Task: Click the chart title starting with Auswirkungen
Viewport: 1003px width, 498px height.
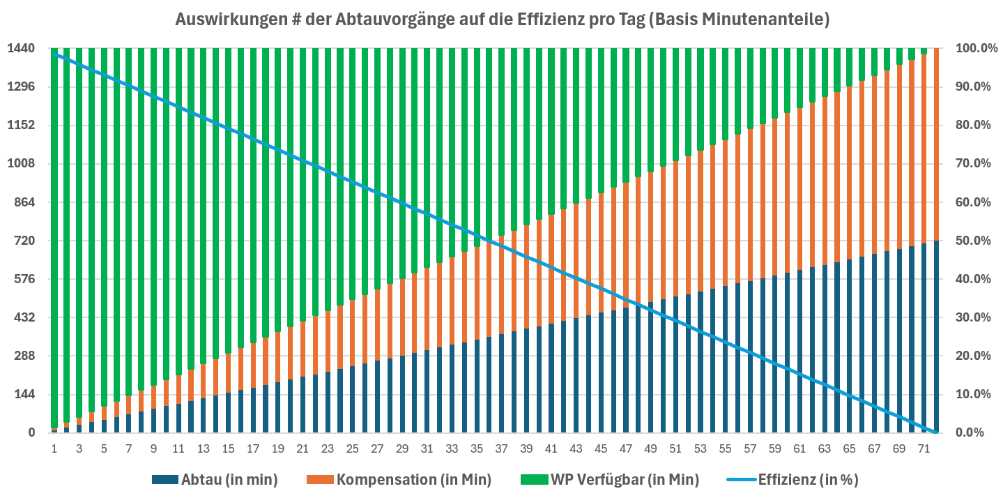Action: [502, 20]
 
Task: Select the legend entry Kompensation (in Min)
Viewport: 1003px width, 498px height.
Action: [413, 479]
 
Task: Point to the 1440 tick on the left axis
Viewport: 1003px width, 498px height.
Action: [21, 49]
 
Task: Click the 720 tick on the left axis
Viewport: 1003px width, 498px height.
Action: [24, 241]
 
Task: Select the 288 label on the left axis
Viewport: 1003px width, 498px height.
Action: [24, 356]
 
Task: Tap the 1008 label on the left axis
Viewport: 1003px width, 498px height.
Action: [21, 164]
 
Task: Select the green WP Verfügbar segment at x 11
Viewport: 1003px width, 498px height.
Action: [178, 209]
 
